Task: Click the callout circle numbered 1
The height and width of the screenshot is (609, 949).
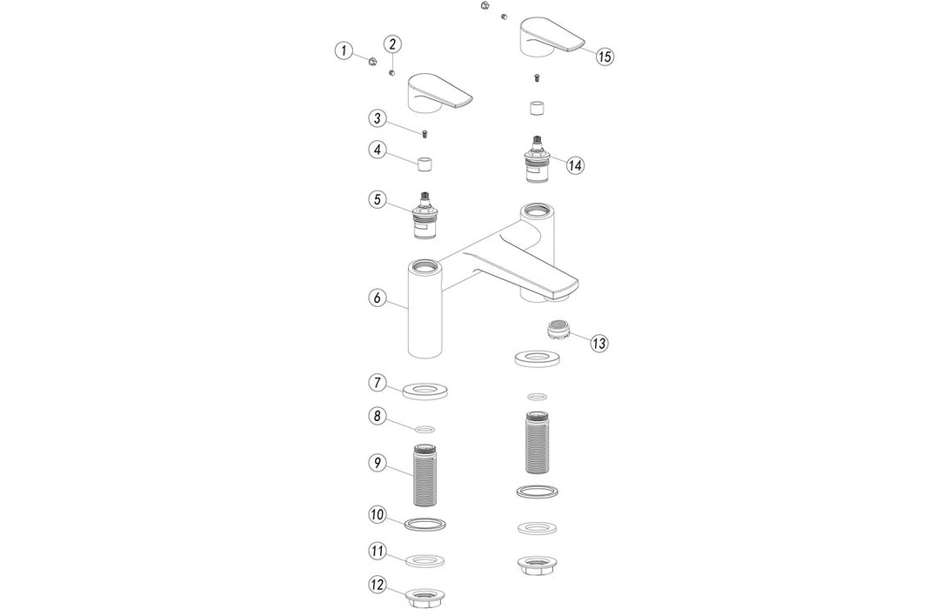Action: click(344, 51)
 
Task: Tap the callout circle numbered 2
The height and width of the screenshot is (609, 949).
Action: click(392, 43)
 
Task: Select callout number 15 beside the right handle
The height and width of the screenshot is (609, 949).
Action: click(605, 56)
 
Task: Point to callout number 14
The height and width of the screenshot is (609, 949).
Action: click(574, 165)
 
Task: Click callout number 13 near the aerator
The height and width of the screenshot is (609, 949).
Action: click(598, 343)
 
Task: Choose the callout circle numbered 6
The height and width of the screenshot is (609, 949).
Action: click(377, 298)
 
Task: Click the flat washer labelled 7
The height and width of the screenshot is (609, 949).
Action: click(426, 389)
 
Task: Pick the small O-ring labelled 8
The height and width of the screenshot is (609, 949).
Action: click(425, 428)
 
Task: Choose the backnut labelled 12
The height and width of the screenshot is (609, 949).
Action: click(426, 596)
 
